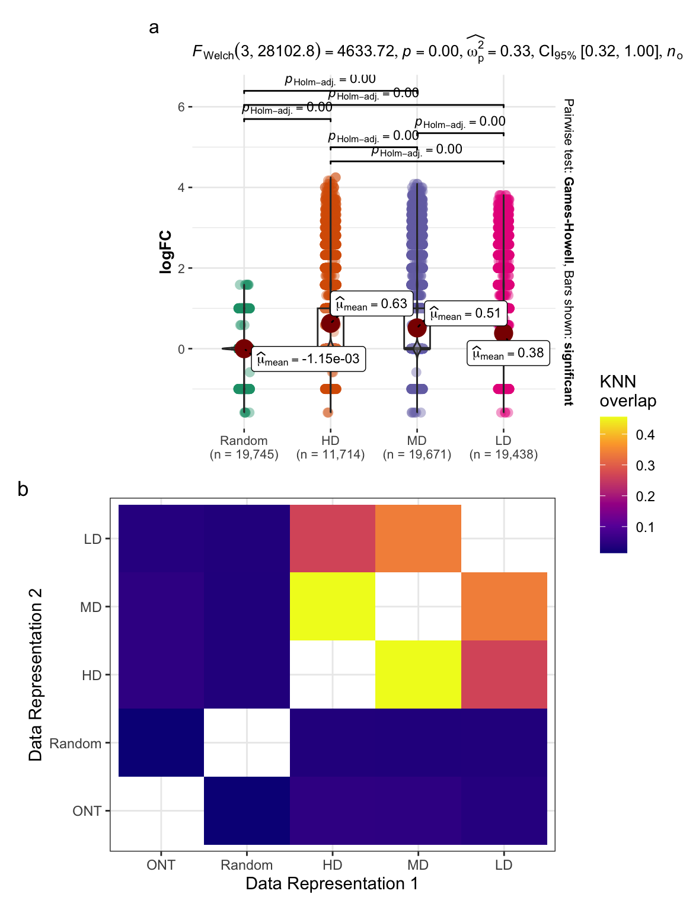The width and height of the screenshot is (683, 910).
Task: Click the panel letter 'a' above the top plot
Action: tap(154, 28)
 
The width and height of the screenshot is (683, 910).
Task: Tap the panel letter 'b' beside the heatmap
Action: tap(23, 489)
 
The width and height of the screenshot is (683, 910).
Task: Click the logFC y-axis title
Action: tap(166, 252)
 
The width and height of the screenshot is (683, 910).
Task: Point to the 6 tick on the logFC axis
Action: tap(181, 107)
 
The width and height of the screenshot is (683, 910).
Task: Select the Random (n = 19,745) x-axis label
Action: tap(244, 447)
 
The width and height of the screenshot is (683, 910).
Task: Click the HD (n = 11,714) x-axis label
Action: tap(330, 447)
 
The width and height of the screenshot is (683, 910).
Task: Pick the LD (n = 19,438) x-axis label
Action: tap(503, 447)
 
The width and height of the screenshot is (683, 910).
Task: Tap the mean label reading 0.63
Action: tap(371, 304)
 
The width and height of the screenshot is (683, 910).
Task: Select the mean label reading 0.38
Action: tap(508, 353)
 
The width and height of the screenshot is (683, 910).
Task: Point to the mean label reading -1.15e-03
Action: tap(308, 359)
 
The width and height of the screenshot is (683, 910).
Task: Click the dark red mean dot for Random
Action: tap(244, 349)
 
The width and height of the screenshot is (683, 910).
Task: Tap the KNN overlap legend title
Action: tap(627, 391)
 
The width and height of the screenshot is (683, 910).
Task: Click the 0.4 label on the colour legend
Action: tap(645, 435)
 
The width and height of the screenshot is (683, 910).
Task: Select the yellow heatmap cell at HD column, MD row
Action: tap(333, 606)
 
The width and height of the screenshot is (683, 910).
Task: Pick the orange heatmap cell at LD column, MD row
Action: tap(504, 606)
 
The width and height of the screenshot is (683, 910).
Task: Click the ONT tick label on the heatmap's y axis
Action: tap(87, 811)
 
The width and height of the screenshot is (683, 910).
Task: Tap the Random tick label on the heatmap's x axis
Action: tap(247, 865)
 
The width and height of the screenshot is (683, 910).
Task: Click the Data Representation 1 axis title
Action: tap(332, 884)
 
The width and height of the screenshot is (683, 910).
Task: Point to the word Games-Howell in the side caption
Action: tap(568, 220)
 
